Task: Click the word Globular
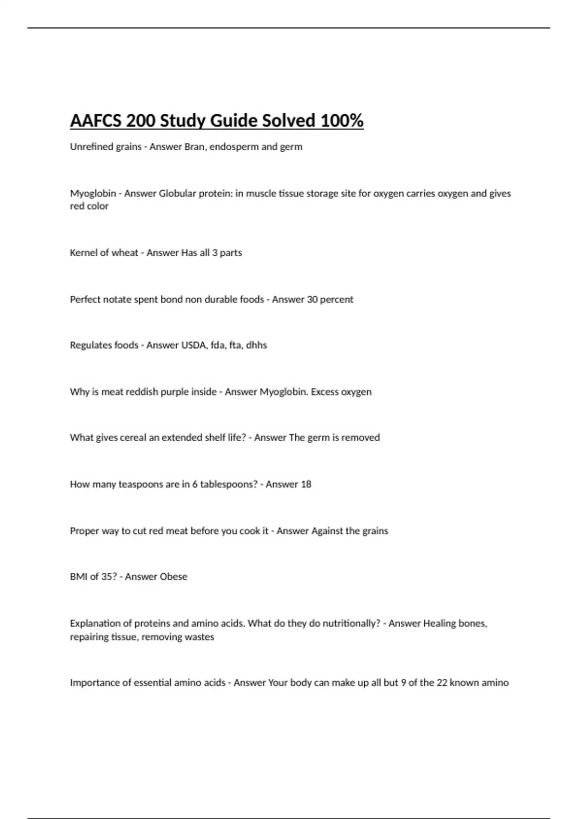click(x=177, y=194)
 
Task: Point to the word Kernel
click(x=83, y=253)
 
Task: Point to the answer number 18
click(x=305, y=485)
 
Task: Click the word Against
click(x=327, y=531)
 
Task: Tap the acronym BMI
click(x=79, y=577)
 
